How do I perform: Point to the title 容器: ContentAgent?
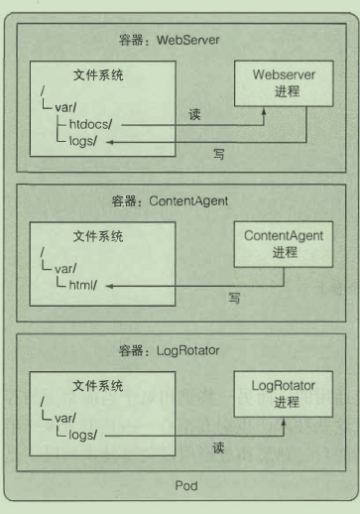click(170, 200)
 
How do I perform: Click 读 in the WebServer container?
click(195, 112)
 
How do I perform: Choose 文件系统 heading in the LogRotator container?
click(98, 384)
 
